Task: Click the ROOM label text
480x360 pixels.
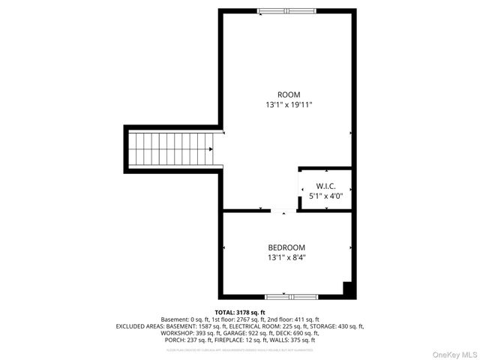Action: (289, 94)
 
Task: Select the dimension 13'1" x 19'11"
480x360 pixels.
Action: (289, 106)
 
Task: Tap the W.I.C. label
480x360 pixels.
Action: (325, 186)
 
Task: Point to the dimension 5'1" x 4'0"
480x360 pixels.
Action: (325, 196)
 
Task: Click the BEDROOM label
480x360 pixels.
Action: (286, 247)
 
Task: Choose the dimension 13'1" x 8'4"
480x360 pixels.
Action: (286, 258)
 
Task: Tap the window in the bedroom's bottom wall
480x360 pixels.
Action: (286, 297)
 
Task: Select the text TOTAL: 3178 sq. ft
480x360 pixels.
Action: (240, 312)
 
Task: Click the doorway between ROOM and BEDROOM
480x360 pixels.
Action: (284, 211)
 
